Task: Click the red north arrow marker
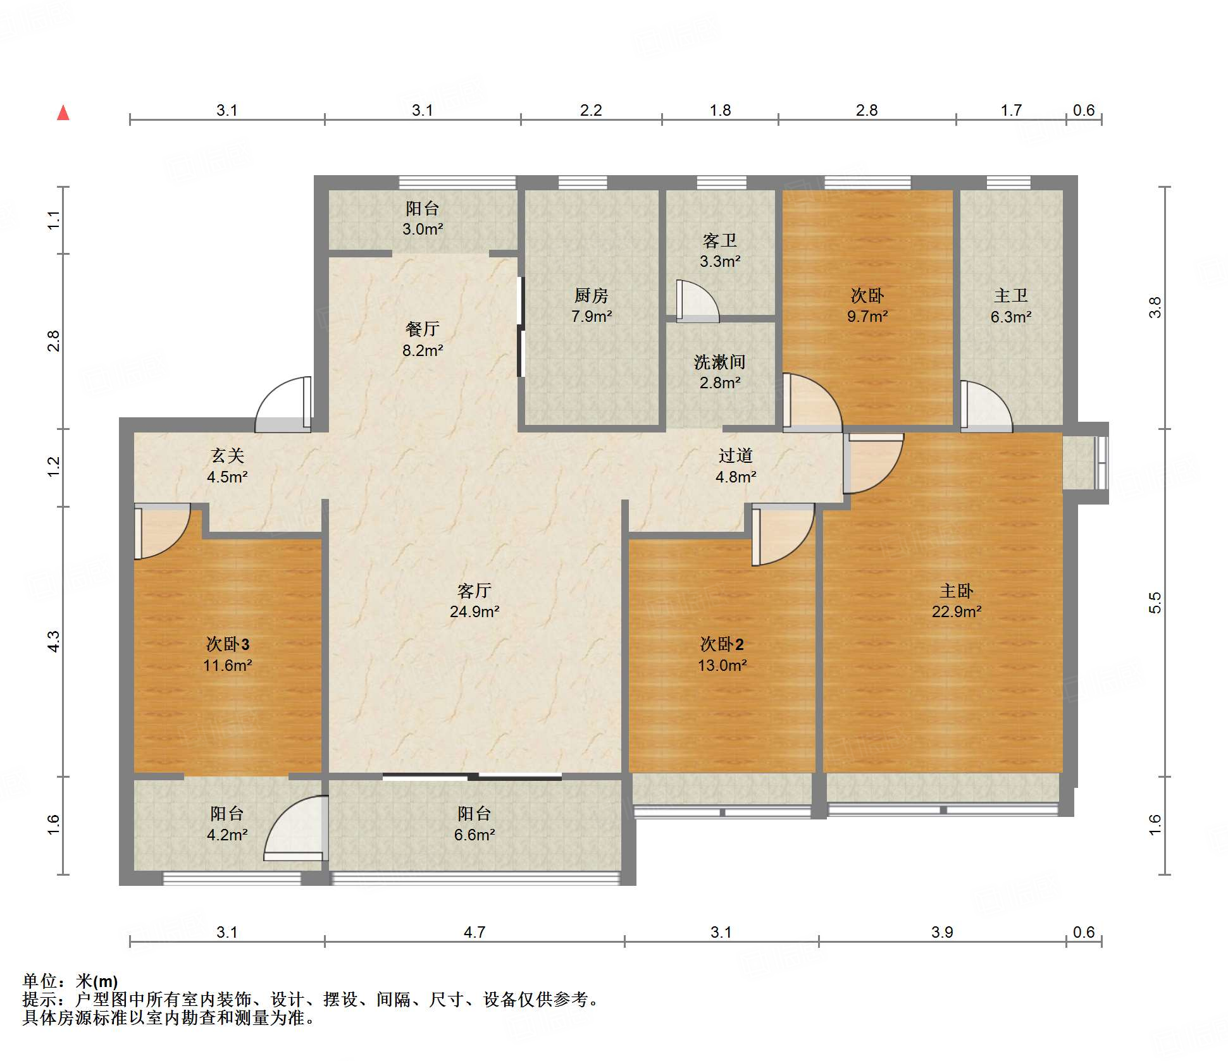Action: pos(63,113)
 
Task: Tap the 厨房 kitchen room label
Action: pos(592,306)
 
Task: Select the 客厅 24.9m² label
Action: pos(474,601)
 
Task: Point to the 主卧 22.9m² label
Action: pos(957,601)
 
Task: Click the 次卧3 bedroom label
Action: pos(228,654)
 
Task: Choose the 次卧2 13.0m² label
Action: pos(722,654)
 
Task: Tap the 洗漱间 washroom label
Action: pos(720,372)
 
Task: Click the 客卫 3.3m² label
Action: pos(720,250)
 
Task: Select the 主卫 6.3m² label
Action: pos(1011,306)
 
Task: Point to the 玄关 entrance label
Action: pos(227,466)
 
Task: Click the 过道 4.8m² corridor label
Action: pos(736,466)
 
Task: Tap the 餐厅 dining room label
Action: pos(423,340)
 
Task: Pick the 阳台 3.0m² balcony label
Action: pos(423,219)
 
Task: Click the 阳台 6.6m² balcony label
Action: pos(474,824)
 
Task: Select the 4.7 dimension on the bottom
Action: pos(474,932)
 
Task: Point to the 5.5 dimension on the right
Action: pos(1155,603)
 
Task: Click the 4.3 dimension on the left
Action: pos(54,641)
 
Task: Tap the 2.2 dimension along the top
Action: pos(591,110)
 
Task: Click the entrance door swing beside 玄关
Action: pos(283,405)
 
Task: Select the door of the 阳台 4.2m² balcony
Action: pos(296,828)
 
